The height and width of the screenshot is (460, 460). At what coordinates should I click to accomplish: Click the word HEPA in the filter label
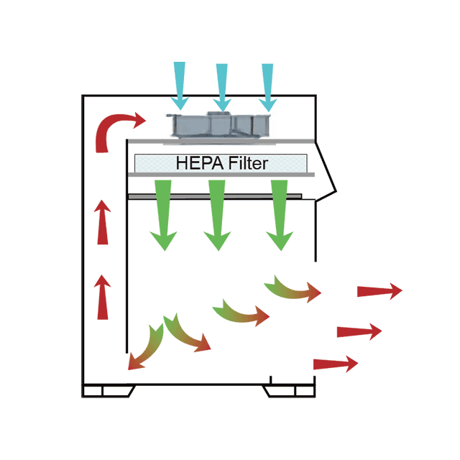click(197, 164)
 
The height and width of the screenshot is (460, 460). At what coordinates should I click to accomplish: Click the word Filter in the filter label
click(245, 164)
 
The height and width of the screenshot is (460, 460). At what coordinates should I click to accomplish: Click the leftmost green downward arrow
click(163, 215)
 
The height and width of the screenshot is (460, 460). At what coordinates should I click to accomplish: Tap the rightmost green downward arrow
click(280, 215)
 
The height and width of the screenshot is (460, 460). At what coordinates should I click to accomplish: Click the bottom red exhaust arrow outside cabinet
click(335, 364)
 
